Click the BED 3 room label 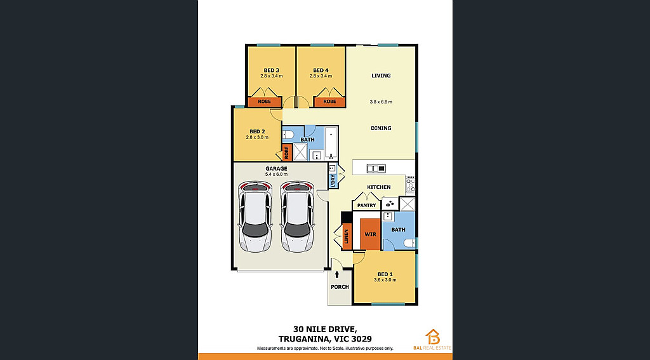(x=272, y=70)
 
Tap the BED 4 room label (x=321, y=70)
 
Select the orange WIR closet (x=370, y=234)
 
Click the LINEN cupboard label (x=347, y=237)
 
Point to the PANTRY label (x=366, y=205)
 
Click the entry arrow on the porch (x=336, y=274)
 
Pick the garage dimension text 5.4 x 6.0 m (x=277, y=174)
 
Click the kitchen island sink (x=376, y=168)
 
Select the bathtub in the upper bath (x=331, y=143)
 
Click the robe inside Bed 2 (x=286, y=152)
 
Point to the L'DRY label (x=333, y=181)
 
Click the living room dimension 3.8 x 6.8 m (x=381, y=102)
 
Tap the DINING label (x=381, y=128)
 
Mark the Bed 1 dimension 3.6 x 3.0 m (x=385, y=280)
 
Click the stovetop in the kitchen (x=411, y=185)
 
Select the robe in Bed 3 (x=265, y=102)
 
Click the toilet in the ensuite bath (x=409, y=243)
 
